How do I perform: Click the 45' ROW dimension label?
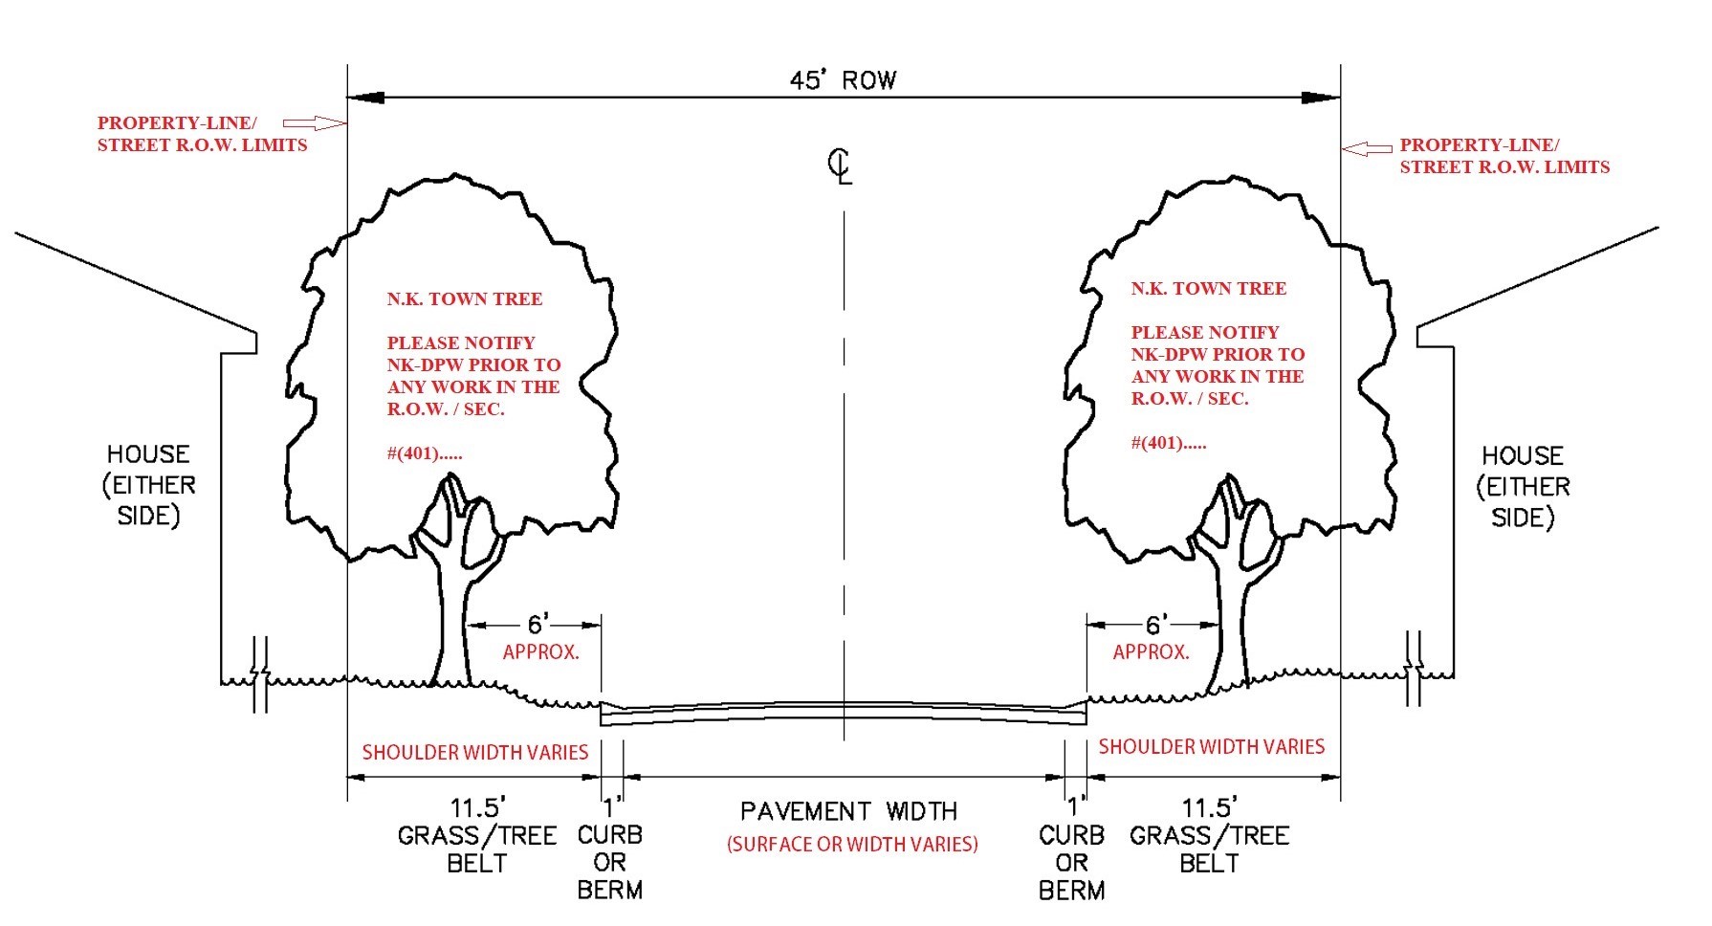tap(843, 80)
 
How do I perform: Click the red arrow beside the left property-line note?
tap(314, 122)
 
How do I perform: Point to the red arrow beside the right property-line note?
tap(1367, 148)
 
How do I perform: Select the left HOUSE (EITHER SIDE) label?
tap(148, 484)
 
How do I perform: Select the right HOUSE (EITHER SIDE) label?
tap(1523, 486)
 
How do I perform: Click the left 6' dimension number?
tap(538, 625)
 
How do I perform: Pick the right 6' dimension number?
tap(1154, 625)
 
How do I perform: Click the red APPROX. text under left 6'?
tap(541, 652)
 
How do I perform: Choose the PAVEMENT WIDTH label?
tap(848, 812)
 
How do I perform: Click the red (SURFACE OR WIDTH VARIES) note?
tap(852, 844)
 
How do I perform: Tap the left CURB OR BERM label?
tap(610, 862)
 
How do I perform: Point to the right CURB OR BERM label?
tap(1071, 862)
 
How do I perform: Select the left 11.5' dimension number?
tap(477, 807)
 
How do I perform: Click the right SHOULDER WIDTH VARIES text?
tap(1211, 746)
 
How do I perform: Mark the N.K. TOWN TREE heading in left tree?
tap(465, 299)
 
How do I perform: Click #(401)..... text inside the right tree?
tap(1169, 443)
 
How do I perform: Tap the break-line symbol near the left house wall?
tap(260, 674)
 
